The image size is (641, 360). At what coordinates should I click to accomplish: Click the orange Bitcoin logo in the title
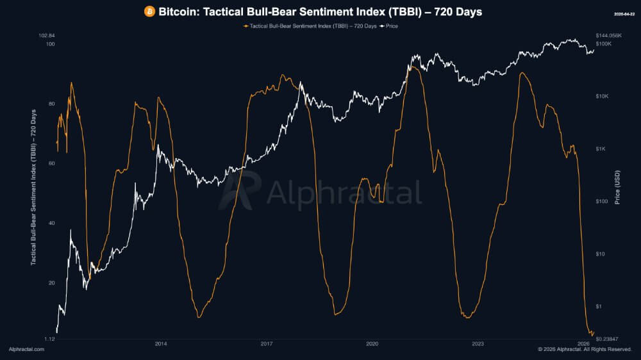click(x=149, y=12)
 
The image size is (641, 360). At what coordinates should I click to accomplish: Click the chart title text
click(x=320, y=12)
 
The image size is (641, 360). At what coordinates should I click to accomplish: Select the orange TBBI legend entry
click(x=310, y=26)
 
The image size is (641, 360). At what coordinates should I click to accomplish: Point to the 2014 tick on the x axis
click(x=161, y=344)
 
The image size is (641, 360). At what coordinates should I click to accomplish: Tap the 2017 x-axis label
click(x=267, y=344)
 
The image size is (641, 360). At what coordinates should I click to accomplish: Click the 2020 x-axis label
click(x=372, y=344)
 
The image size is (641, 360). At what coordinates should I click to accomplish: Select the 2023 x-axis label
click(x=478, y=344)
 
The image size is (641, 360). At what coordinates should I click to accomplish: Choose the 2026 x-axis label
click(x=583, y=344)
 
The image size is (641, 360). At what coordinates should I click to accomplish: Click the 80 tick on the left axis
click(x=51, y=104)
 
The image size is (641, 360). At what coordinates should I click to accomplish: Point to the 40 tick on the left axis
click(x=51, y=224)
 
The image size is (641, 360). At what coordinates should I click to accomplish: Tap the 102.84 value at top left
click(x=47, y=35)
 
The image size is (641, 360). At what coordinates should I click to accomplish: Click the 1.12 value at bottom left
click(x=49, y=338)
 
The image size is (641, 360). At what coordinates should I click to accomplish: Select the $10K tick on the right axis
click(x=603, y=96)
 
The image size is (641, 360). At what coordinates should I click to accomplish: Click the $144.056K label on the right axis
click(x=609, y=35)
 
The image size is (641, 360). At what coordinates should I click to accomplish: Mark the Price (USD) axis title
click(x=617, y=186)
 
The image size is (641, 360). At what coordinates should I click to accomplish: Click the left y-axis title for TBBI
click(x=33, y=187)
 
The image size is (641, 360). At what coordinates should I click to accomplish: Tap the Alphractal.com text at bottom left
click(x=26, y=349)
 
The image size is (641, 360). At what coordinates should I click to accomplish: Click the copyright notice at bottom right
click(x=585, y=349)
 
